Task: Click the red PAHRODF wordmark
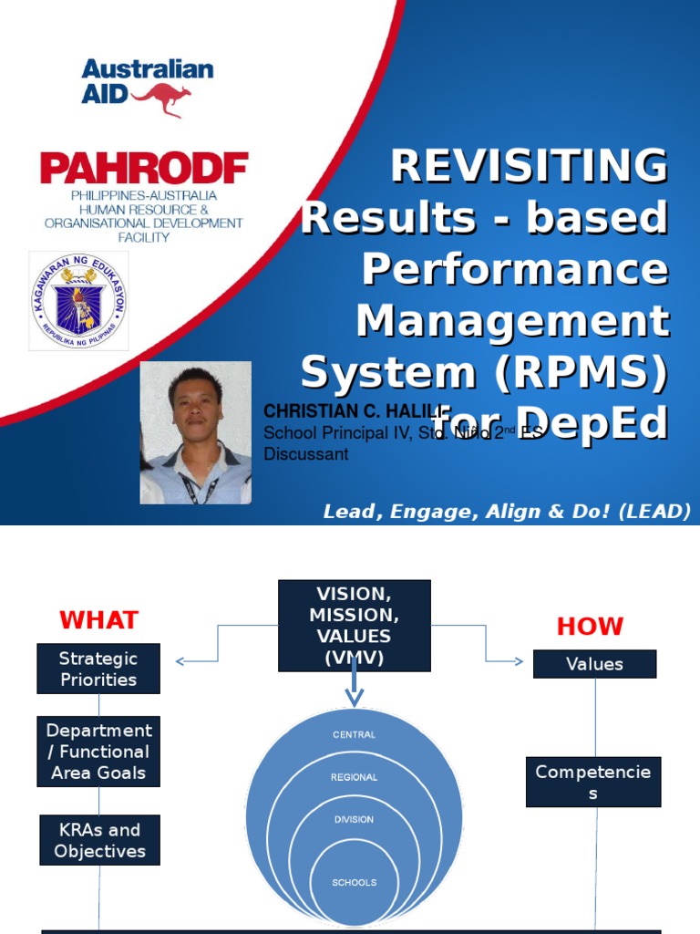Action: (x=143, y=168)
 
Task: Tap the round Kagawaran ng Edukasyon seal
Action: (x=78, y=301)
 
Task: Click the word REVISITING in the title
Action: (x=530, y=167)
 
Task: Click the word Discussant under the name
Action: (x=305, y=454)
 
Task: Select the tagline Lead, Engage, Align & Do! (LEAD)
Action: (x=507, y=512)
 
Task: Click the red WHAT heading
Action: (x=98, y=620)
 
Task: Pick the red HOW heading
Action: (x=590, y=627)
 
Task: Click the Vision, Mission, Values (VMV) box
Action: (x=354, y=626)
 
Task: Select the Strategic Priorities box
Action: (x=98, y=669)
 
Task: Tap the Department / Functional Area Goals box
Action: (x=98, y=752)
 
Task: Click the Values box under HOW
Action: (x=594, y=664)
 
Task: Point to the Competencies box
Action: (x=593, y=782)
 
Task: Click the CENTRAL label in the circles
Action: (x=354, y=734)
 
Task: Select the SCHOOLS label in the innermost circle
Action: (x=354, y=882)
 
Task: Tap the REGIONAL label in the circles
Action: (x=354, y=777)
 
